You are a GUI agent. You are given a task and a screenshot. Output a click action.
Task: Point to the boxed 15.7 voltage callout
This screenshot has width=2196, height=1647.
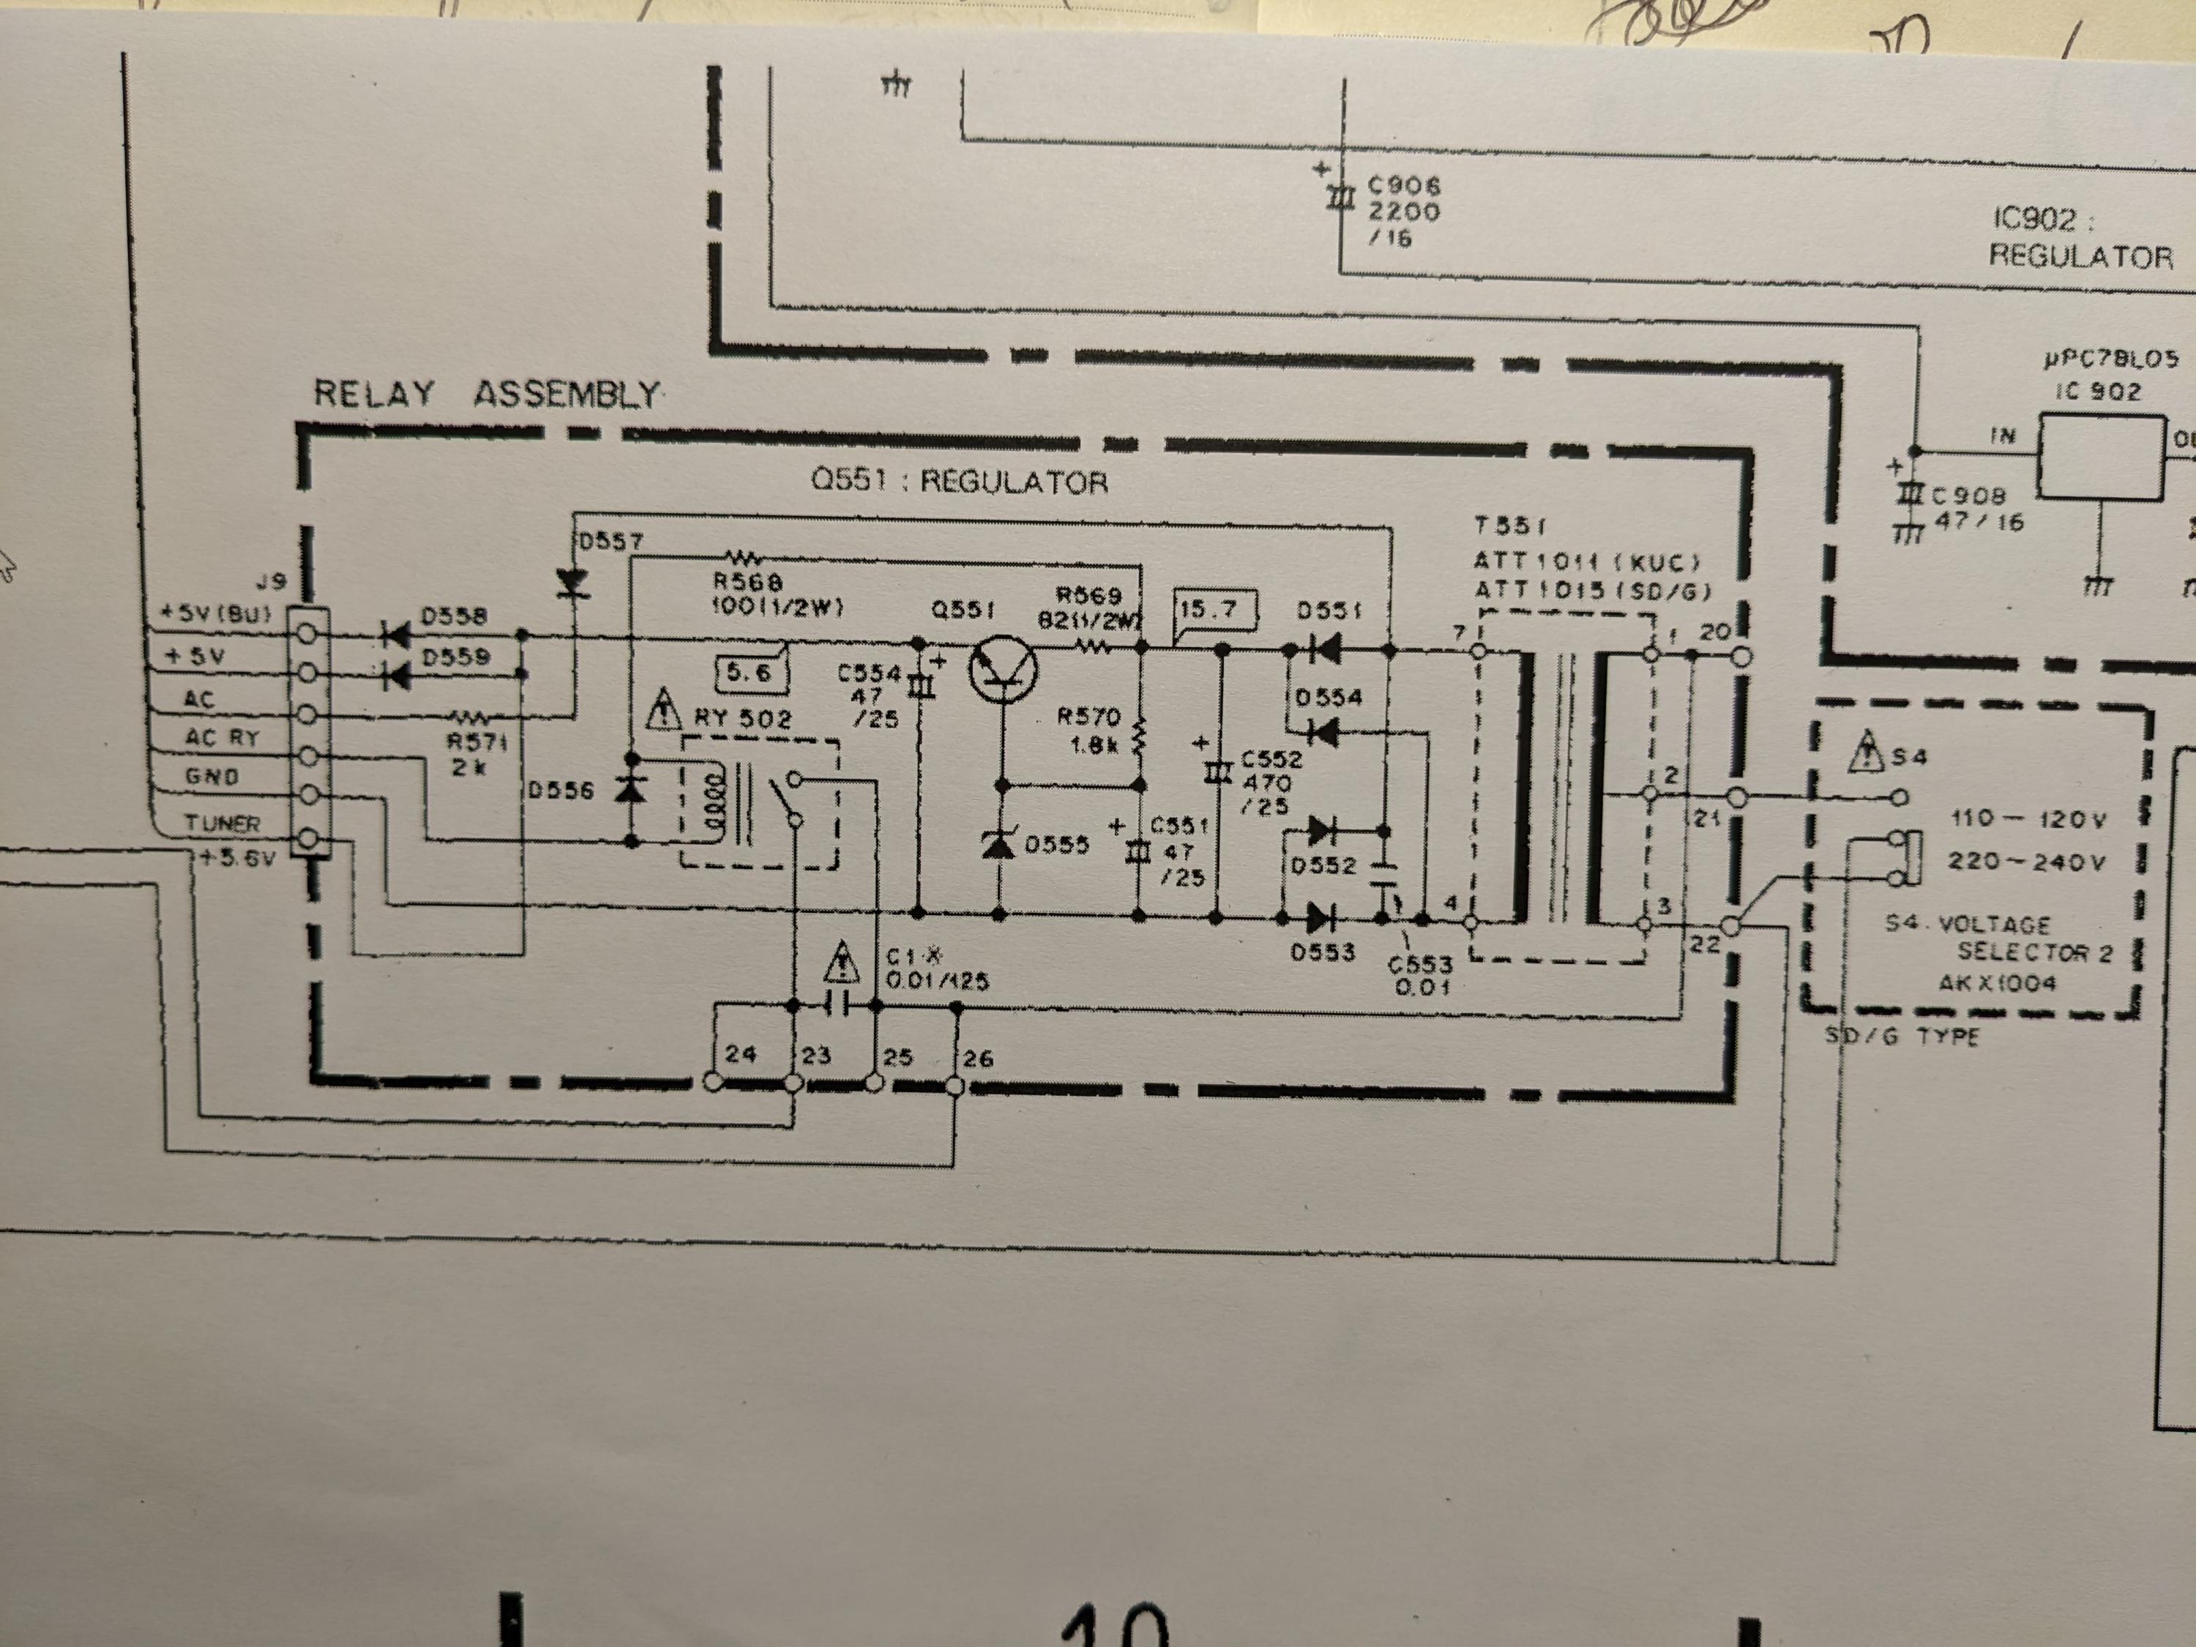(x=1215, y=608)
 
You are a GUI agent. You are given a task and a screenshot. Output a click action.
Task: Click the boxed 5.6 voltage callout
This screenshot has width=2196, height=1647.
(x=750, y=674)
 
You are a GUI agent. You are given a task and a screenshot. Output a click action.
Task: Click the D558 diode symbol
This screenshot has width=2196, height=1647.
(x=396, y=633)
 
